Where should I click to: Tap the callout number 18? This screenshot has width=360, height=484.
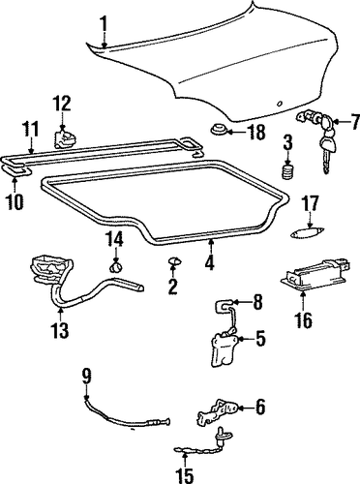coord(255,132)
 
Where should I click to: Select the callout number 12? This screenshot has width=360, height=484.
coord(62,105)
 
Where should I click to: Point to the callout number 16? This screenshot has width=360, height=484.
coord(304,318)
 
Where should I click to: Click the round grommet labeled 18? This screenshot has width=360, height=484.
coord(217,130)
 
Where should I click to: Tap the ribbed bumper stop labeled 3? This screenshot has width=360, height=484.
coord(287,171)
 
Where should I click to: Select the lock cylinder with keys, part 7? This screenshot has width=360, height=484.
coord(318,141)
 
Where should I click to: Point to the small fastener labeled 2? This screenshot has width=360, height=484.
coord(174,261)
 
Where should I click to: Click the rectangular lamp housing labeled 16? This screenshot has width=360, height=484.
coord(315,274)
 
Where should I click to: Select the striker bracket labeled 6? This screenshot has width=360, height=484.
coord(216,410)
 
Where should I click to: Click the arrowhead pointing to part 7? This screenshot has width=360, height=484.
coord(337,122)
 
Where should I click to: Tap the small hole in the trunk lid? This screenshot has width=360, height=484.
coord(279,104)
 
